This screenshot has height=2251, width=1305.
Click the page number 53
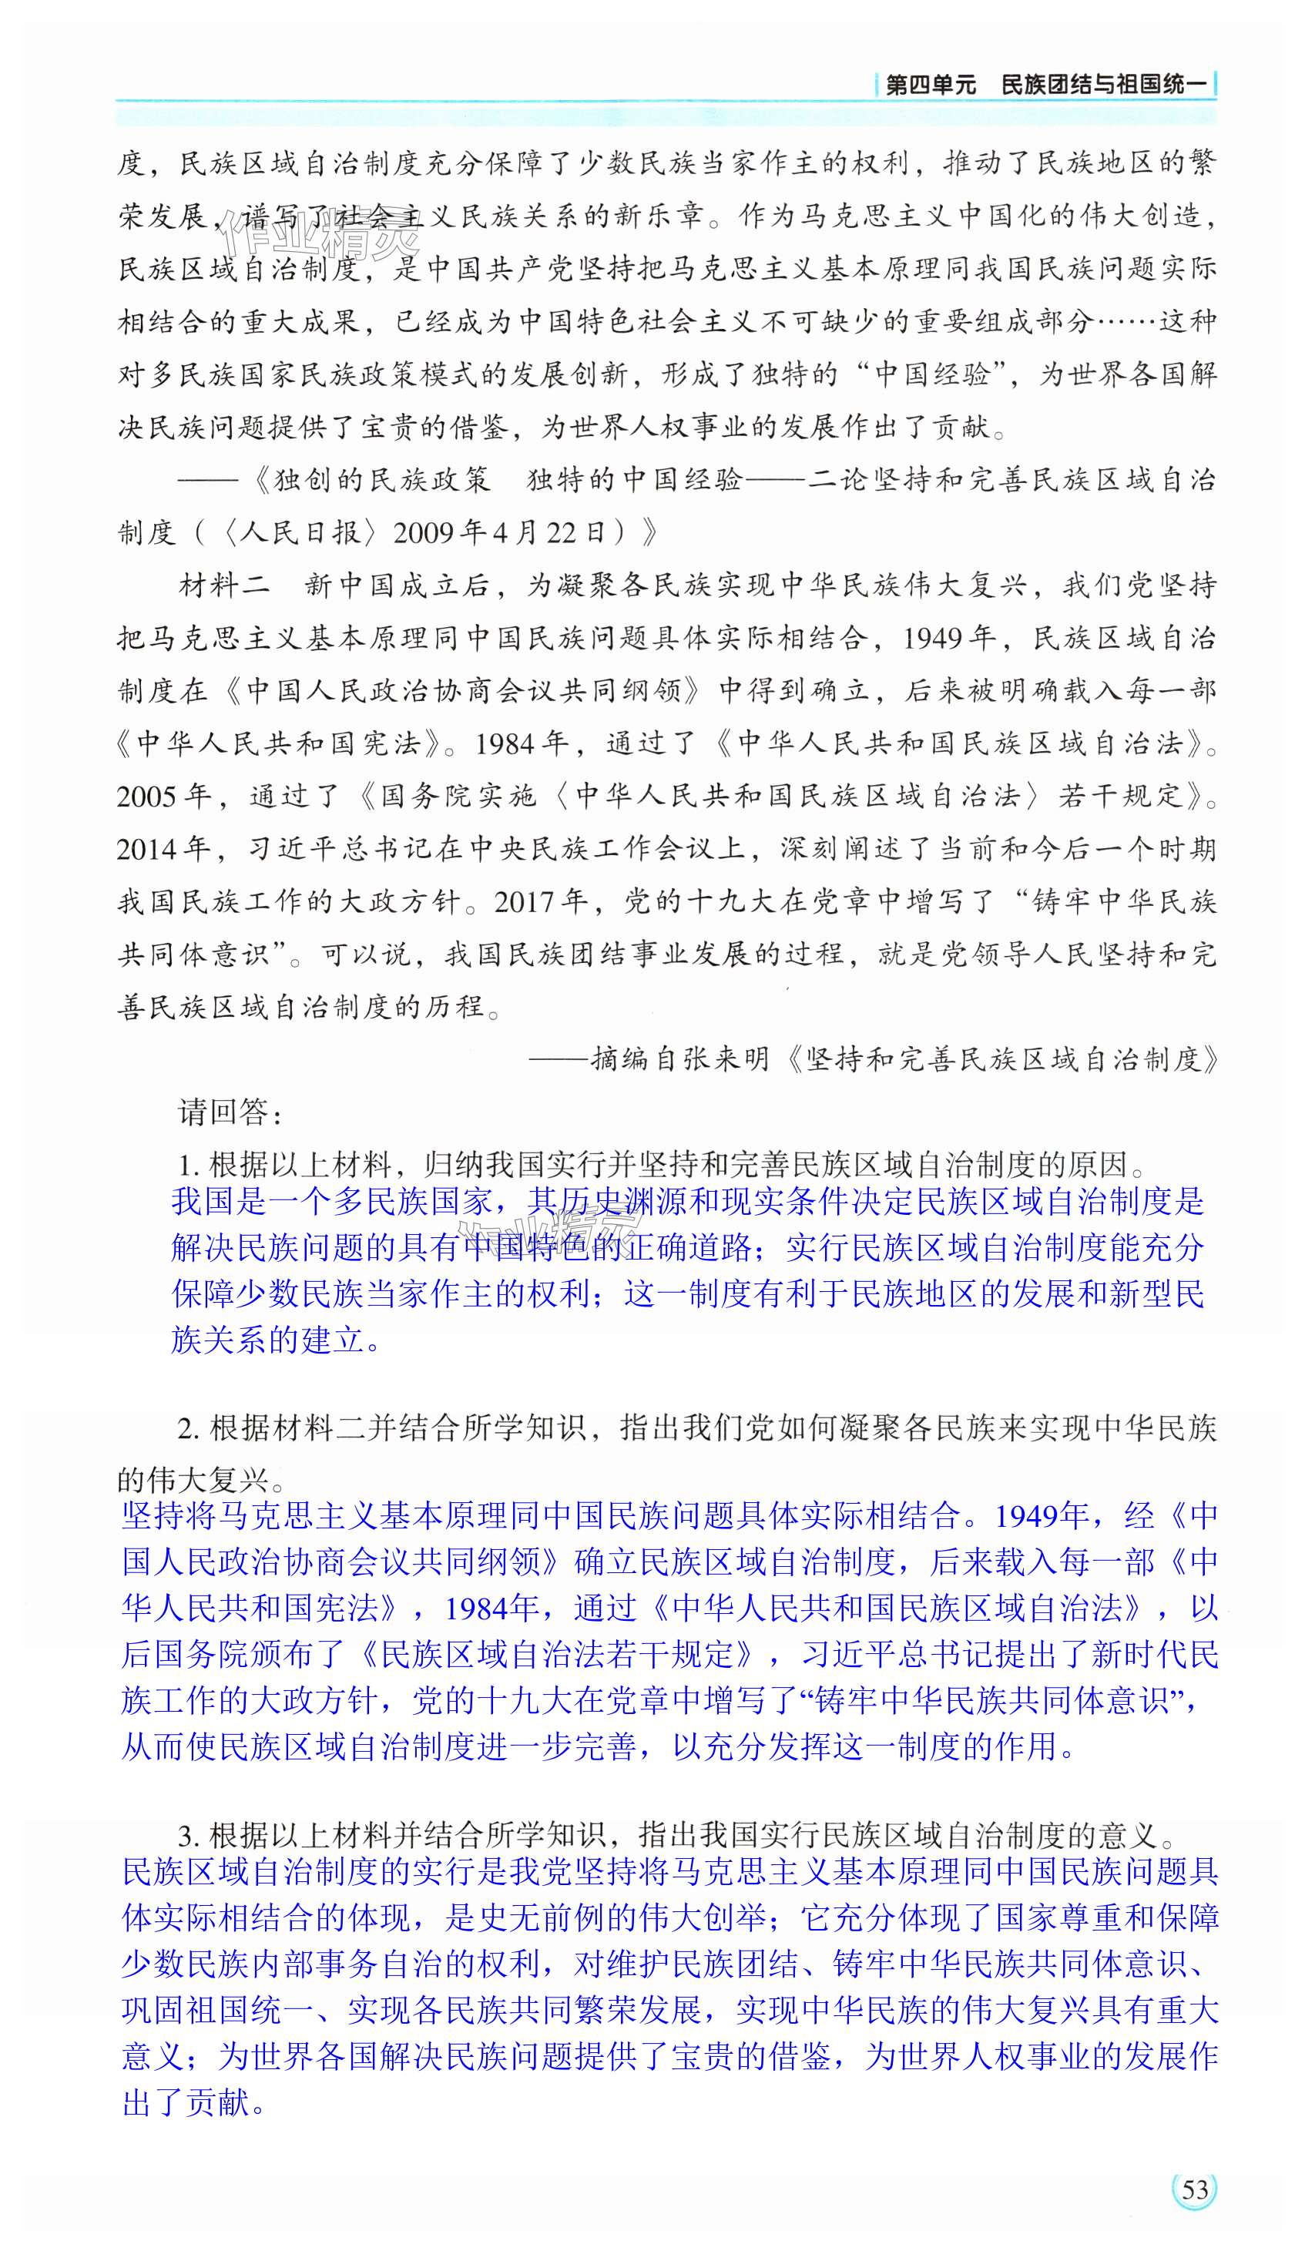(1194, 2189)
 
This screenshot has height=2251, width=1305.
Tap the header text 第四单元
(930, 86)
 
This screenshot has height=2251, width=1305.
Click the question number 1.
(186, 1166)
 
